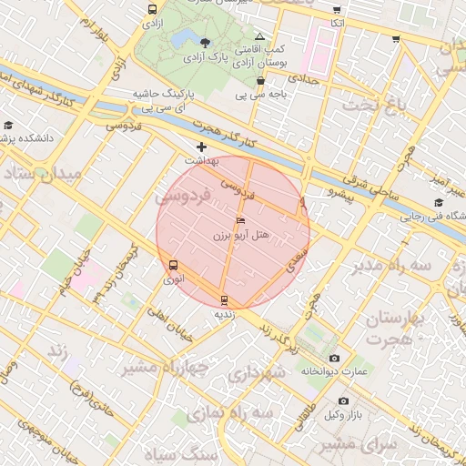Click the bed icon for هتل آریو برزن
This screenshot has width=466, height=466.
240,221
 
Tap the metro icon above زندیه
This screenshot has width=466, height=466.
224,299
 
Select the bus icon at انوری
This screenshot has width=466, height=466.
173,266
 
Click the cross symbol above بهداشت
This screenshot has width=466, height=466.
201,147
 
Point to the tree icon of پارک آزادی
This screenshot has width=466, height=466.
205,42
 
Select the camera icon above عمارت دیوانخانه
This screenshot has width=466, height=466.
334,359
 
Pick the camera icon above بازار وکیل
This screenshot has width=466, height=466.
343,400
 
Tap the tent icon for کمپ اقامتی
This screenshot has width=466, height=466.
259,35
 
